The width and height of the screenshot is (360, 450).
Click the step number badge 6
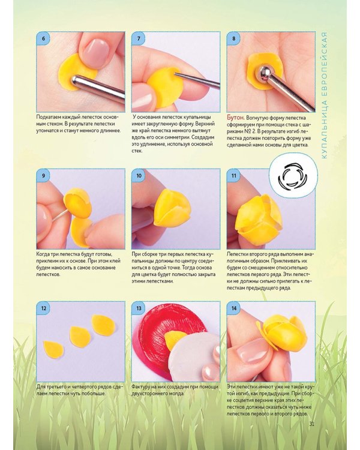(43, 38)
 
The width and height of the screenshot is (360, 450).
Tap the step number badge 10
(139, 175)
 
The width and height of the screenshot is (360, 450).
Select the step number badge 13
(139, 308)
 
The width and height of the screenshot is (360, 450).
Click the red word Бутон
(235, 118)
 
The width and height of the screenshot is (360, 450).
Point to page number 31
(312, 424)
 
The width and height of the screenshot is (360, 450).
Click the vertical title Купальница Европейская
(324, 95)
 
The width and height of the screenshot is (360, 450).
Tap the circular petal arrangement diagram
(293, 176)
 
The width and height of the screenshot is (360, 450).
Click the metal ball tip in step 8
(265, 73)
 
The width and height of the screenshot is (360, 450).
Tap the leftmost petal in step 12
(53, 349)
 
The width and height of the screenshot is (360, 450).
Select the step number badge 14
(233, 308)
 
